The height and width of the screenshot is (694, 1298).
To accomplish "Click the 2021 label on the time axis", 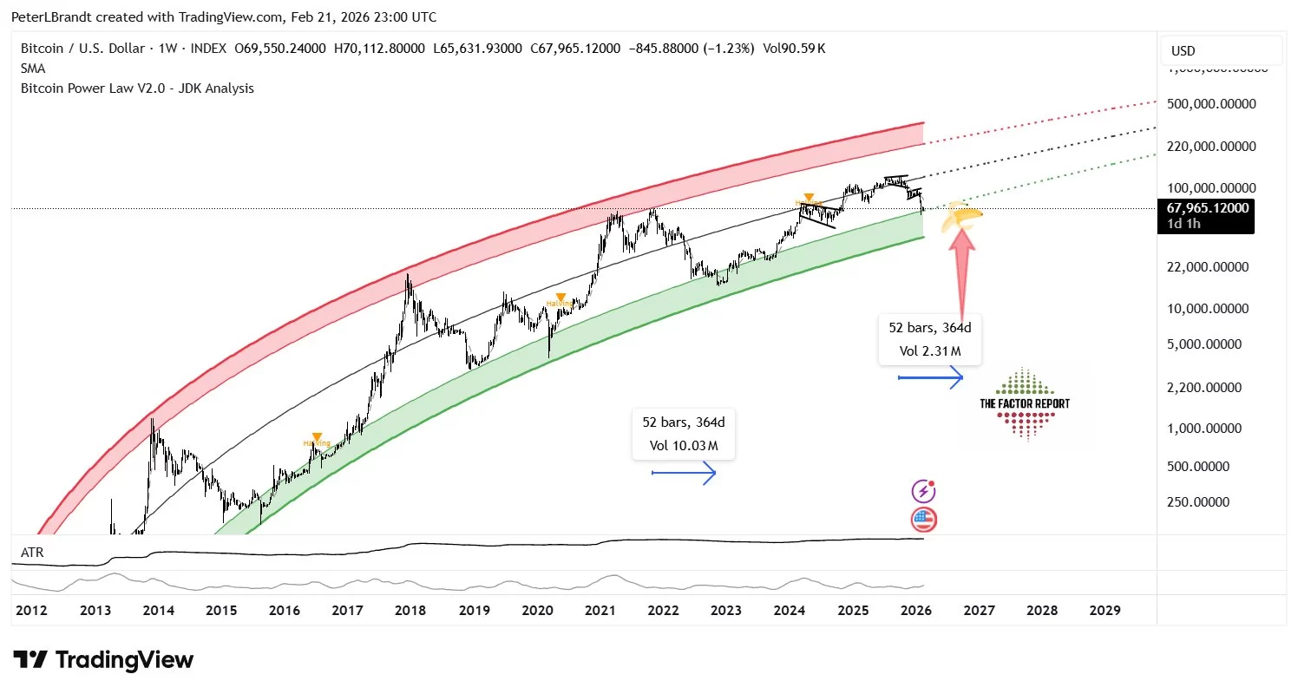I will point(600,611).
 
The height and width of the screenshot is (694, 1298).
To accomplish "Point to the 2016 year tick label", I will point(284,611).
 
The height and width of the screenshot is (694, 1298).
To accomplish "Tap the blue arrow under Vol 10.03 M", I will point(684,473).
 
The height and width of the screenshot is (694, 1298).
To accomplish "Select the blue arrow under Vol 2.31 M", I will point(931,377).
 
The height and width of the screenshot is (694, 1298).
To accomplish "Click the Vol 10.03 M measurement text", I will point(684,446).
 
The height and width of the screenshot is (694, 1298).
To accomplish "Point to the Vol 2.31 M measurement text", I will point(931,351).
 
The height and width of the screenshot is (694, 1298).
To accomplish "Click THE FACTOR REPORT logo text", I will point(1025,403).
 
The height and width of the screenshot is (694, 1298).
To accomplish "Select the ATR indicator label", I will point(31,552).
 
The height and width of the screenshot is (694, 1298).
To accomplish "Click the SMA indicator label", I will point(33,68).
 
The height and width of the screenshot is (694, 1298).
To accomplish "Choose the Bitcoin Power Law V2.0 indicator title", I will point(137,88).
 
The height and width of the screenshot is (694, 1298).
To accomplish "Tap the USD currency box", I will point(1183,51).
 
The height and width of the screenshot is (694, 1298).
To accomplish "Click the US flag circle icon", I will point(924,520).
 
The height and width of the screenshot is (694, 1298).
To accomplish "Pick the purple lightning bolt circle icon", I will point(923,491).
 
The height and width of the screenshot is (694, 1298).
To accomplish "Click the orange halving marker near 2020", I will point(561,298).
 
